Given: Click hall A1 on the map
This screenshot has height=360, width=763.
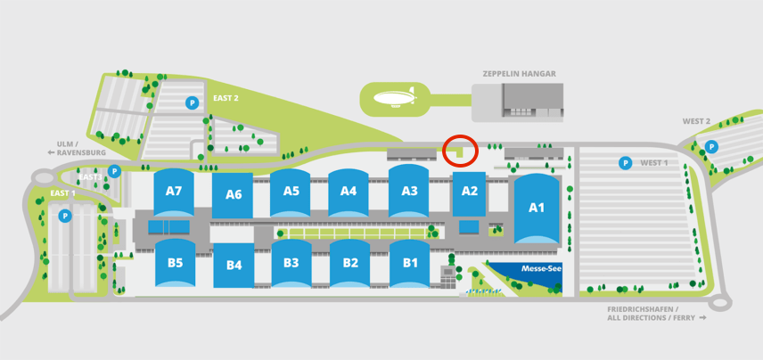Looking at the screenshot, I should [x=536, y=208].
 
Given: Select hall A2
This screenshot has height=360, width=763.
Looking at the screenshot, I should [x=470, y=191].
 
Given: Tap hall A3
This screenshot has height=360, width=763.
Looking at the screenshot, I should [x=409, y=191].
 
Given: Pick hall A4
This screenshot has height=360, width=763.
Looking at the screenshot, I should [x=349, y=191].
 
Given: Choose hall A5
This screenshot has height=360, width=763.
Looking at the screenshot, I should [x=291, y=191].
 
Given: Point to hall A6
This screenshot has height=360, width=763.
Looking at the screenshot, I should [x=234, y=194].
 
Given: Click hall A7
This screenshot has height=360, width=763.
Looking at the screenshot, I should [x=173, y=191].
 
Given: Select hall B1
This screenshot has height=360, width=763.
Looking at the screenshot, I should [x=410, y=263].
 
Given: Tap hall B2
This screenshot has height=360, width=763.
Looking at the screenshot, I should [x=350, y=263].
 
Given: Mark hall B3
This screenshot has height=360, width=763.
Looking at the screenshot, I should [x=291, y=263].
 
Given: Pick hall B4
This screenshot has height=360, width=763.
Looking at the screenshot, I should [x=234, y=265].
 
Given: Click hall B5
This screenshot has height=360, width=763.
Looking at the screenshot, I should [x=175, y=263].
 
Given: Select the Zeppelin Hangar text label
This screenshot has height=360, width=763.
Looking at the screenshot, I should [x=519, y=74].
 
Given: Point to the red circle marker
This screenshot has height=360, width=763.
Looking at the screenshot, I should [x=460, y=150].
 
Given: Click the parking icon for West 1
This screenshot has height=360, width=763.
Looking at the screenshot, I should [x=626, y=163].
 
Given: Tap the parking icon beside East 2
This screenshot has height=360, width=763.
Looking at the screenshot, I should [x=191, y=103].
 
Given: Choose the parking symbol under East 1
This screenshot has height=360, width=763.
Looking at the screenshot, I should [x=64, y=216].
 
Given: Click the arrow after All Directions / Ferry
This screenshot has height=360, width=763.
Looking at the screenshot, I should [x=702, y=317].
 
